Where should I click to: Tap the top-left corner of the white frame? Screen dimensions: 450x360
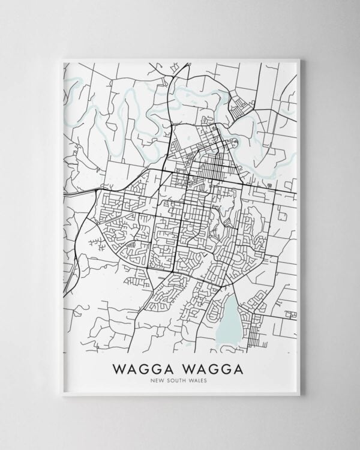(62, 59)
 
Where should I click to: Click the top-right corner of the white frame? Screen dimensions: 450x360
(299, 59)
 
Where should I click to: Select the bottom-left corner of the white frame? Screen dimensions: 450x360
(62, 395)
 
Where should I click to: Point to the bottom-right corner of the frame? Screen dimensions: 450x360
(299, 395)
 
